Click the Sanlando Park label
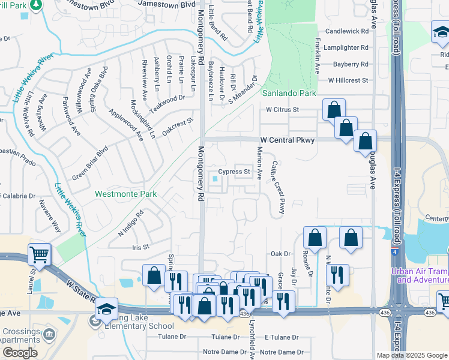289,94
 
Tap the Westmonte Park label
126,194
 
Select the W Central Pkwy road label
287,140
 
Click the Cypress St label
234,172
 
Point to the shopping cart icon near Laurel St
40,254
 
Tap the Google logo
20,353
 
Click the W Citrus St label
283,110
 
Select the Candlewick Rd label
347,31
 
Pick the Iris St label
139,247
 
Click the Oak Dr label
280,254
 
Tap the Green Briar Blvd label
90,162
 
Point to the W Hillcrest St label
348,80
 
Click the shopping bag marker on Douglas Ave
365,142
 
